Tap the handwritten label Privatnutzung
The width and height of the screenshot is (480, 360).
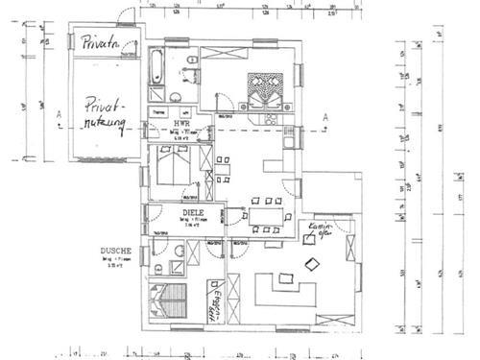coord(104,116)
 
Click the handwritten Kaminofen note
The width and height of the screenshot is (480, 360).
coord(318,231)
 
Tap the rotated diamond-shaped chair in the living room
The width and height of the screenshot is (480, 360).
coord(312,262)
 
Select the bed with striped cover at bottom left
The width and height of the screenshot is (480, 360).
coord(168,300)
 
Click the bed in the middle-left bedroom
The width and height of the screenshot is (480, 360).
coord(176,173)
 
